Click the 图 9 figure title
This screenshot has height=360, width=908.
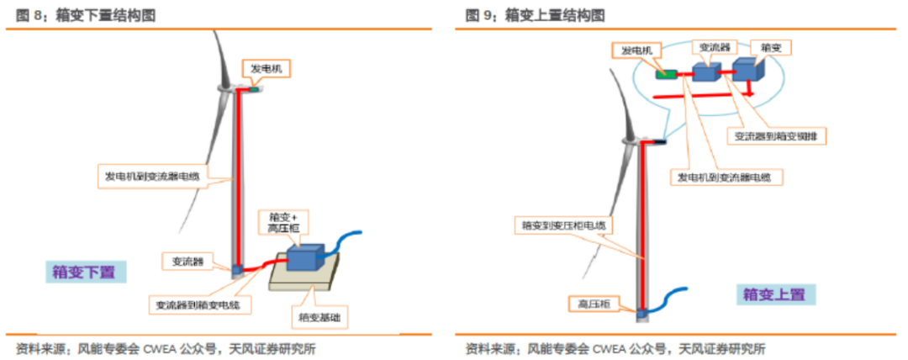(x=535, y=15)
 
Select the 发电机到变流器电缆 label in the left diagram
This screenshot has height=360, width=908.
(x=158, y=177)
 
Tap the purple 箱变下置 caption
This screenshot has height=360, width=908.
(x=85, y=272)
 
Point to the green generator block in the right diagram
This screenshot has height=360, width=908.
(x=667, y=74)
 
